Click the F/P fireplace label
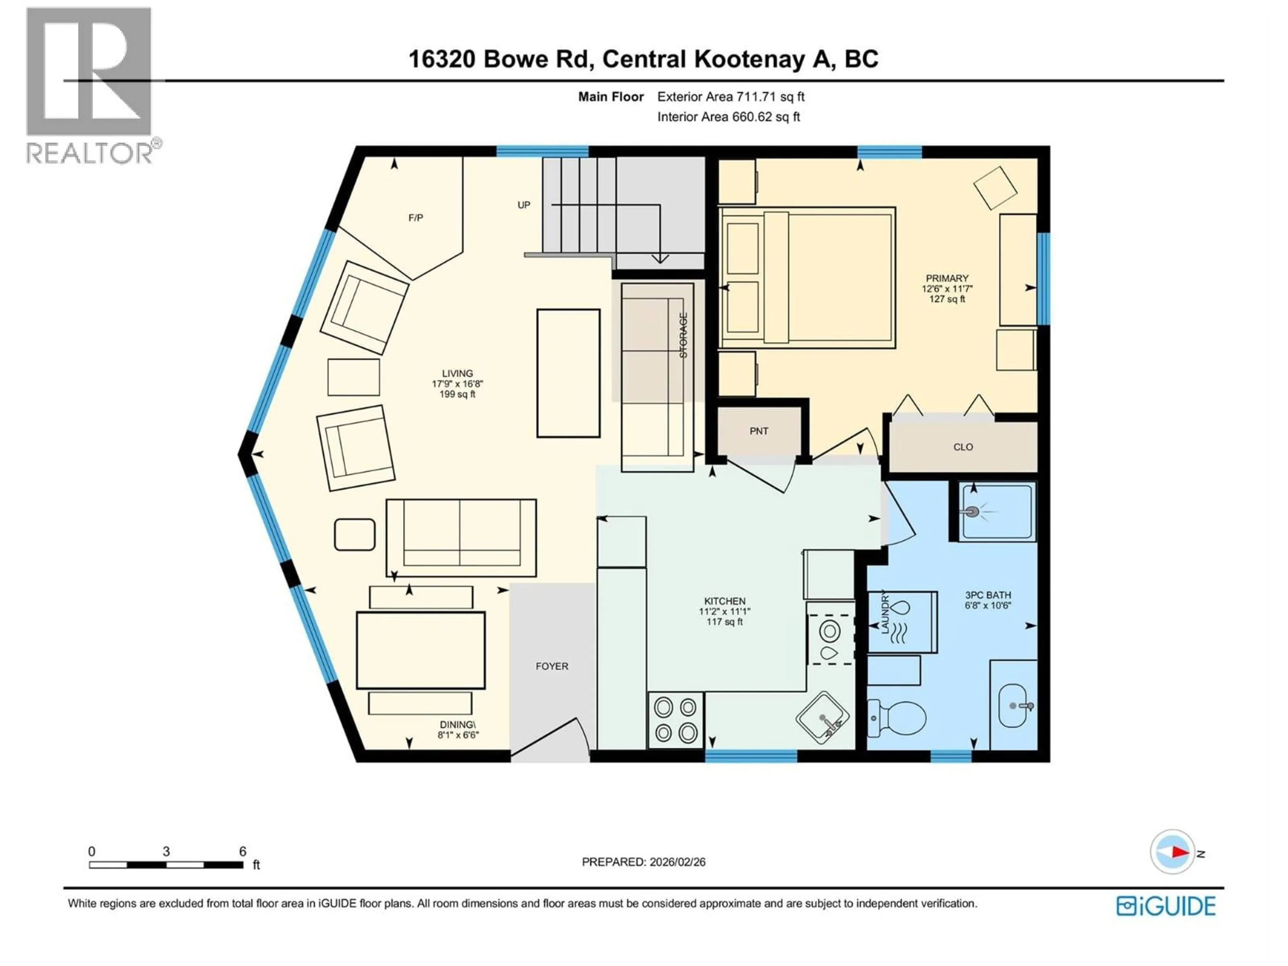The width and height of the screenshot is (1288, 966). tap(415, 218)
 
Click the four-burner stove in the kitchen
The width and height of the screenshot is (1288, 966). tap(676, 720)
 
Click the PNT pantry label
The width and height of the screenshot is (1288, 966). tap(759, 431)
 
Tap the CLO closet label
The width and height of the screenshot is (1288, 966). tap(963, 447)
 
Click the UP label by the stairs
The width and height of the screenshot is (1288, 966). tap(524, 205)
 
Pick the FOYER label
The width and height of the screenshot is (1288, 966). tap(551, 666)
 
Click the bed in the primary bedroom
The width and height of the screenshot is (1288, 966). tap(807, 278)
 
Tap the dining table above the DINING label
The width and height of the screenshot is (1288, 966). tap(420, 650)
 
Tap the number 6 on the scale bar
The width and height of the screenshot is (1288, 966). tap(242, 851)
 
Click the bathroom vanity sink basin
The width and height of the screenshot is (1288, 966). tap(1013, 706)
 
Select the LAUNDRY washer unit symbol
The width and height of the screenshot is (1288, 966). tap(902, 621)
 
